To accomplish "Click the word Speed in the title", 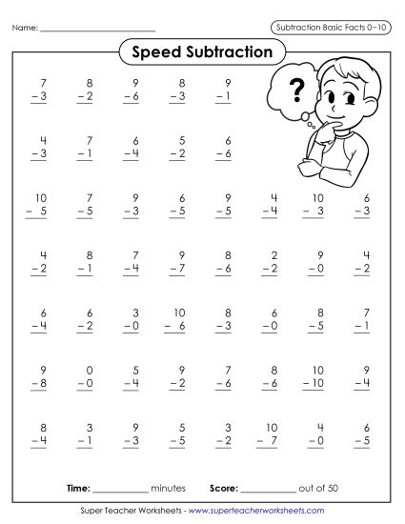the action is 156,52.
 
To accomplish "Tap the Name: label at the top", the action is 26,29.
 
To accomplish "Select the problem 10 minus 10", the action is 317,376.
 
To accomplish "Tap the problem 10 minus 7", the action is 270,434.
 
